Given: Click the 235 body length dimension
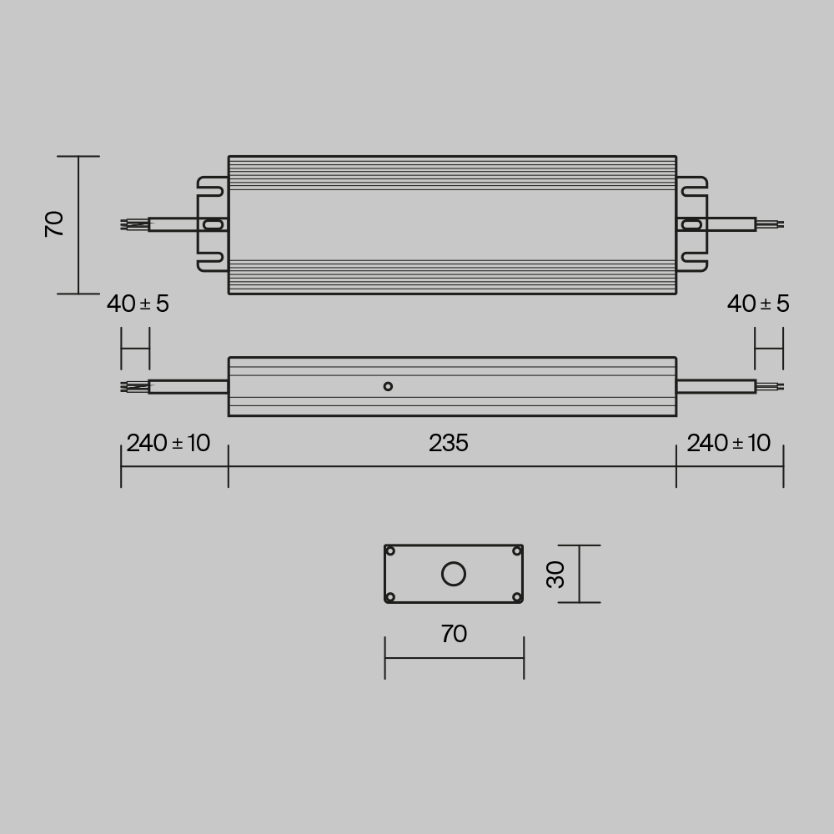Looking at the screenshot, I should coord(449,444).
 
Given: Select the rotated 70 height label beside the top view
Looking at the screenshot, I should coord(55,224).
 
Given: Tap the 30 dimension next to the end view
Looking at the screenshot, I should coord(555,574).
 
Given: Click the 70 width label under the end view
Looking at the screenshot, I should coord(454,635).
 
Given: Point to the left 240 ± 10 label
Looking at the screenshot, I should coord(168,444).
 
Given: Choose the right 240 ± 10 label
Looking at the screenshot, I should coord(728,444).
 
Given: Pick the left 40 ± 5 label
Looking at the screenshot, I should coord(138,304).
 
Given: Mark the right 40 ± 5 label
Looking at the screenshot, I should coord(757,304).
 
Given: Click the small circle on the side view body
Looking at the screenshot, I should coord(388,386).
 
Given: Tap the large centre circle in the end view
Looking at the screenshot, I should coord(454,574).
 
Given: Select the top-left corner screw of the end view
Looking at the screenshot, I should coord(390,551).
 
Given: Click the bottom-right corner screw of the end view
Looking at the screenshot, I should coord(516,596).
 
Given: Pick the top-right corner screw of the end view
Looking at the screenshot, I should coord(516,551).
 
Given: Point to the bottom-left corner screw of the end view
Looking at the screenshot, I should coord(390,596).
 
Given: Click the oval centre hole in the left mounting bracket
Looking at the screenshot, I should coord(214,224).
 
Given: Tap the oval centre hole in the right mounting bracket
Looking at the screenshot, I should coord(691,224).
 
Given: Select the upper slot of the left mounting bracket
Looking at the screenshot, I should coord(213,190).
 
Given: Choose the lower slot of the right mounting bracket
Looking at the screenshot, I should coord(692,258).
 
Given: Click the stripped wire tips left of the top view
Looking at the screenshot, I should coord(133,224).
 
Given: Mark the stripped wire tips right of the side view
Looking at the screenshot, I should coord(771,386).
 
